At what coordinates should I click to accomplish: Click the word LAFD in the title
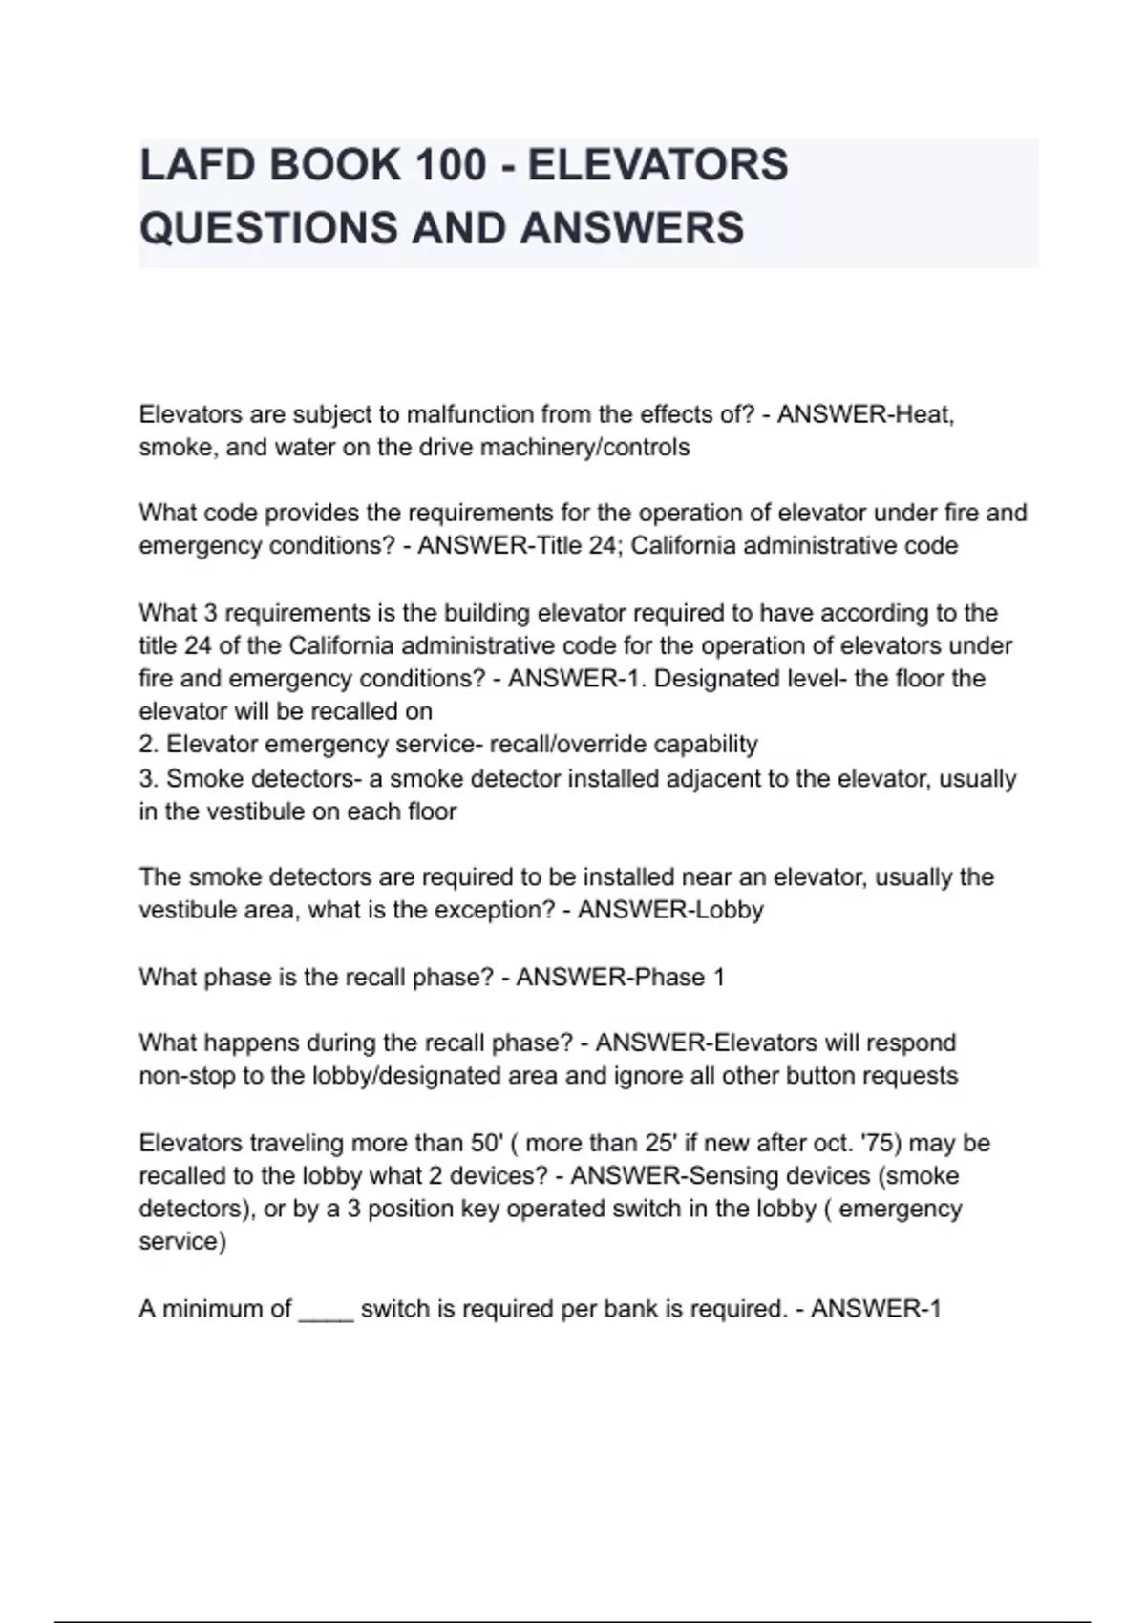pyautogui.click(x=195, y=165)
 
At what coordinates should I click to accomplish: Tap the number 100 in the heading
pyautogui.click(x=450, y=165)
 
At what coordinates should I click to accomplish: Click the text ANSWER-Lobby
pyautogui.click(x=670, y=910)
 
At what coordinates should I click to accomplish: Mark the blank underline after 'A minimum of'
pyautogui.click(x=326, y=1309)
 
